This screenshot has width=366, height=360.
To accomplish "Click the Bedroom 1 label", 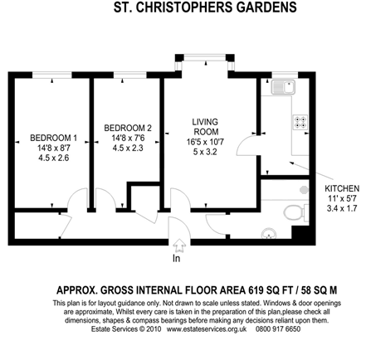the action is click(x=54, y=138).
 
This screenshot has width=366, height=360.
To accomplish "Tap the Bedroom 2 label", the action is click(x=128, y=128).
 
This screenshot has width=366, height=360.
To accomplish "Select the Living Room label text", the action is click(x=205, y=127).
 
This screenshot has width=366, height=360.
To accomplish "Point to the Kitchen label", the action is click(x=342, y=188).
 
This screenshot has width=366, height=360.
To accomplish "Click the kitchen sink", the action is click(x=284, y=87).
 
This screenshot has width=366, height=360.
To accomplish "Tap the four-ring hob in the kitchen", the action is click(x=301, y=122).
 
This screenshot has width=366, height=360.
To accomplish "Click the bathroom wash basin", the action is click(x=268, y=234).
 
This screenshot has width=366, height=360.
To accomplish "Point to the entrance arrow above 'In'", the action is click(x=179, y=246).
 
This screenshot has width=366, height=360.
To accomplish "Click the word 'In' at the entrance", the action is click(x=177, y=259).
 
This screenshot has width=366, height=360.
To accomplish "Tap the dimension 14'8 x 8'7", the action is click(x=54, y=148).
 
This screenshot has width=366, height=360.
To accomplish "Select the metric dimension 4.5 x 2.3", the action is click(x=128, y=148).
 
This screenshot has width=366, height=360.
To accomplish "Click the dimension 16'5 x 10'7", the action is click(x=205, y=142).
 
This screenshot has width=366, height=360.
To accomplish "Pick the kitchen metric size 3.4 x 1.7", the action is click(x=342, y=208).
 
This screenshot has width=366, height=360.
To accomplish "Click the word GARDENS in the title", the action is click(x=266, y=7).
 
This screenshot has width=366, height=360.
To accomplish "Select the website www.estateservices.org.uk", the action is click(x=207, y=329).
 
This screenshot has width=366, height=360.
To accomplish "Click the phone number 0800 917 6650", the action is click(x=278, y=329).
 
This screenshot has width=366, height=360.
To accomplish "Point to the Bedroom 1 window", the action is click(x=52, y=75).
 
